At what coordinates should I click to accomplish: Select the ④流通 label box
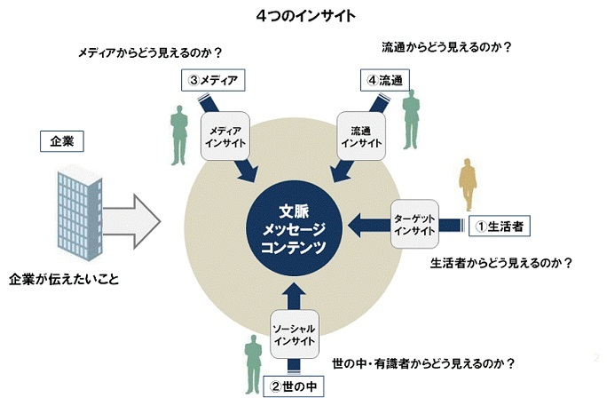point(385,81)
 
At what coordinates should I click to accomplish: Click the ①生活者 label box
point(500,226)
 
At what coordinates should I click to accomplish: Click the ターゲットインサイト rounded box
point(413,224)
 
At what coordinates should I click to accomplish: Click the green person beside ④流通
point(409,119)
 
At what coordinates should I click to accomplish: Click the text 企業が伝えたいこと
point(64,279)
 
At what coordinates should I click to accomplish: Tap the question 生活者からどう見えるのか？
point(501,263)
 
